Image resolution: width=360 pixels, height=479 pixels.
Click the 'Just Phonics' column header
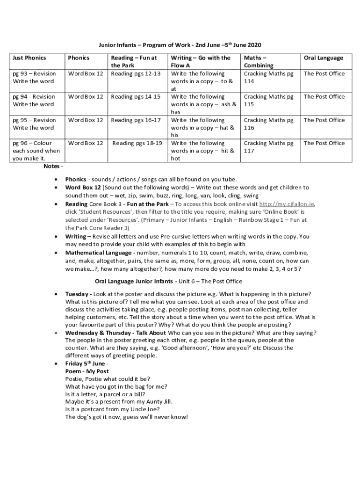[x=29, y=58]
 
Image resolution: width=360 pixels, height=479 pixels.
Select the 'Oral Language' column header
[x=324, y=58]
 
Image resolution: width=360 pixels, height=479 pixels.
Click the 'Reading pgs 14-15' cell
[x=136, y=97]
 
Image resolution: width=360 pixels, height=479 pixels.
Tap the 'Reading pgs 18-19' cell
[x=137, y=143]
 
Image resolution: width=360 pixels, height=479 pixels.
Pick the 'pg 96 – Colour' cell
[x=33, y=143]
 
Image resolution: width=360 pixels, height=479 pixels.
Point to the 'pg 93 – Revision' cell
[x=34, y=73]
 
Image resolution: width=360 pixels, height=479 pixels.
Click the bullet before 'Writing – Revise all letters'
[x=56, y=237]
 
